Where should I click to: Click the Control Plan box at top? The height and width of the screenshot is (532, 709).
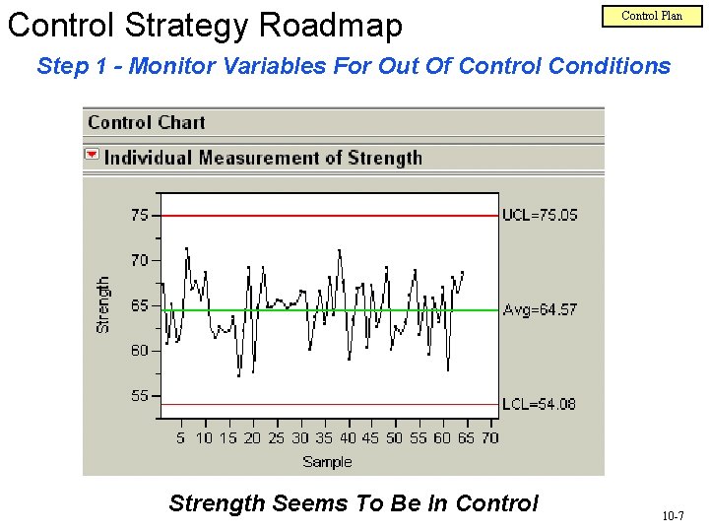point(652,15)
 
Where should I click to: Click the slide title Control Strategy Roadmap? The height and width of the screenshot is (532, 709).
point(205,25)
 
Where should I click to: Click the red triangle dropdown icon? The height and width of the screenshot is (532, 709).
point(92,156)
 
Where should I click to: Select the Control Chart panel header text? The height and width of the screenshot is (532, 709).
point(147,123)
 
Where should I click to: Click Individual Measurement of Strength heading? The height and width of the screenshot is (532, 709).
point(263,158)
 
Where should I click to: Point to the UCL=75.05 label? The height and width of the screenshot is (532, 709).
point(540,215)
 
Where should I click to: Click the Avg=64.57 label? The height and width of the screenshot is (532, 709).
point(540,309)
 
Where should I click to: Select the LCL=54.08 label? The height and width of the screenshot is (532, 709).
point(539,404)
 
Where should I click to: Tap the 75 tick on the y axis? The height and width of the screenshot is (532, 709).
point(140,215)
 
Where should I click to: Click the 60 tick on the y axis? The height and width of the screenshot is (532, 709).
point(140,351)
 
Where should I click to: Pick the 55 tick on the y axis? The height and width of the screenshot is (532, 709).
point(140,396)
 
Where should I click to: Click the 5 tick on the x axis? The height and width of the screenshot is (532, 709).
point(180,438)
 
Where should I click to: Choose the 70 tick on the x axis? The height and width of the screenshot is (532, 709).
point(489,438)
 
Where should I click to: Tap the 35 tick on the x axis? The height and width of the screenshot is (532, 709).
point(323,438)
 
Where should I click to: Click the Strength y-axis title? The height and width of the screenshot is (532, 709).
point(103,303)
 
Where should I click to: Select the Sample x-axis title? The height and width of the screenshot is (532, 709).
point(327,461)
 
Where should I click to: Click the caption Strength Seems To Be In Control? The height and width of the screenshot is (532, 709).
point(354,503)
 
